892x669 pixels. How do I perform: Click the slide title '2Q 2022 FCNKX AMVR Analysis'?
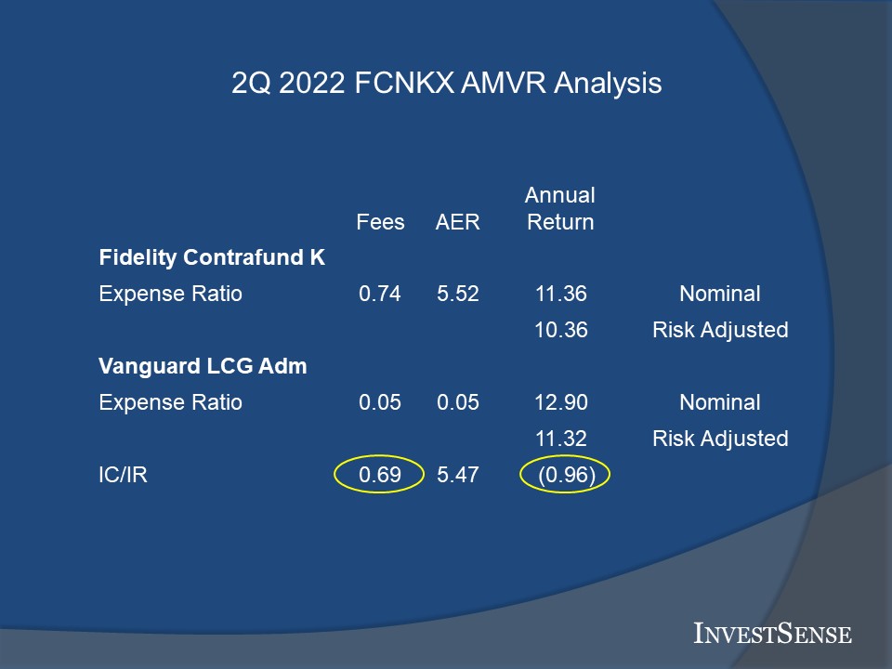pyautogui.click(x=447, y=83)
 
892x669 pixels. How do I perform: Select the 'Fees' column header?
pyautogui.click(x=380, y=222)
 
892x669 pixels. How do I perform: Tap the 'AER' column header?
pyautogui.click(x=457, y=222)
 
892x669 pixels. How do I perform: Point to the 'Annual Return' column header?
pyautogui.click(x=560, y=208)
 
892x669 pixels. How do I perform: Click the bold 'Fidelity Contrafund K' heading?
pyautogui.click(x=212, y=257)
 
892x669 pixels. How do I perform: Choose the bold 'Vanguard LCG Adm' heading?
pyautogui.click(x=203, y=366)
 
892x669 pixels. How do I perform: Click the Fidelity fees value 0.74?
pyautogui.click(x=379, y=294)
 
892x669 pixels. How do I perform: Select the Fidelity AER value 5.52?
pyautogui.click(x=457, y=294)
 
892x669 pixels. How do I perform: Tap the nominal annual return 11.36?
pyautogui.click(x=561, y=294)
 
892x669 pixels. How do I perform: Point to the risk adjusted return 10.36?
pyautogui.click(x=561, y=330)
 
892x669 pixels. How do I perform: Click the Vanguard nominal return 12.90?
pyautogui.click(x=561, y=402)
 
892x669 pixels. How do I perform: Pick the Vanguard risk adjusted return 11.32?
pyautogui.click(x=561, y=439)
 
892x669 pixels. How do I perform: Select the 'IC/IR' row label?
pyautogui.click(x=123, y=475)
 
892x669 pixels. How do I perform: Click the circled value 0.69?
pyautogui.click(x=379, y=475)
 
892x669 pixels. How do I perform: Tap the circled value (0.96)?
pyautogui.click(x=567, y=475)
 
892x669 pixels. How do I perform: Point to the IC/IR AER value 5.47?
pyautogui.click(x=457, y=475)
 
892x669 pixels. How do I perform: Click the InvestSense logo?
pyautogui.click(x=772, y=633)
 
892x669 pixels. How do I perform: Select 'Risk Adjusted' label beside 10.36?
pyautogui.click(x=720, y=330)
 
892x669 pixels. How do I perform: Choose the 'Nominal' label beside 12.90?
pyautogui.click(x=719, y=402)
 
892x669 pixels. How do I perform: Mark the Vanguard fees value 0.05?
pyautogui.click(x=379, y=402)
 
